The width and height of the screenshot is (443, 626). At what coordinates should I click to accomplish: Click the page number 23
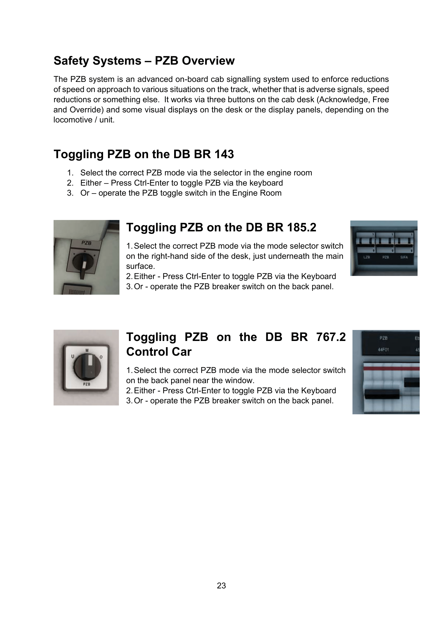click(x=221, y=585)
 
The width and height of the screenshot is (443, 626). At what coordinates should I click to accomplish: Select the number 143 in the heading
click(x=224, y=154)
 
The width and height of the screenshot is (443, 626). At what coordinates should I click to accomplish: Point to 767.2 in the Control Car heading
click(x=331, y=337)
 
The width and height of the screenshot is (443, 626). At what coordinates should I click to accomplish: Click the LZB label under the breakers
click(x=367, y=257)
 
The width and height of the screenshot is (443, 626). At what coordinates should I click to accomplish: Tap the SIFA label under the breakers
click(x=404, y=257)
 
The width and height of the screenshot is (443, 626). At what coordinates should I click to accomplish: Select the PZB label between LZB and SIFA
click(x=385, y=257)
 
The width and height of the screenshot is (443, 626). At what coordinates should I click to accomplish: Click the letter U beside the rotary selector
click(x=73, y=356)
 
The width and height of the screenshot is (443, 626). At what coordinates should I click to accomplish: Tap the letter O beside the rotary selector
click(x=101, y=357)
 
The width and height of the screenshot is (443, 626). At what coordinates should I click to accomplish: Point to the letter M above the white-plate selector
click(x=87, y=350)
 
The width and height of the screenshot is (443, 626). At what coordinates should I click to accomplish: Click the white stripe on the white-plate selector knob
click(x=90, y=360)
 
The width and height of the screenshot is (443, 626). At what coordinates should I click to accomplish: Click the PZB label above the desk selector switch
click(x=86, y=243)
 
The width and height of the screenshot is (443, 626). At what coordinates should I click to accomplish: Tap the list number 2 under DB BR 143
click(x=70, y=183)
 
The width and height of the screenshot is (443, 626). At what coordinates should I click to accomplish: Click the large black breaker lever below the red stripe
click(x=382, y=394)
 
